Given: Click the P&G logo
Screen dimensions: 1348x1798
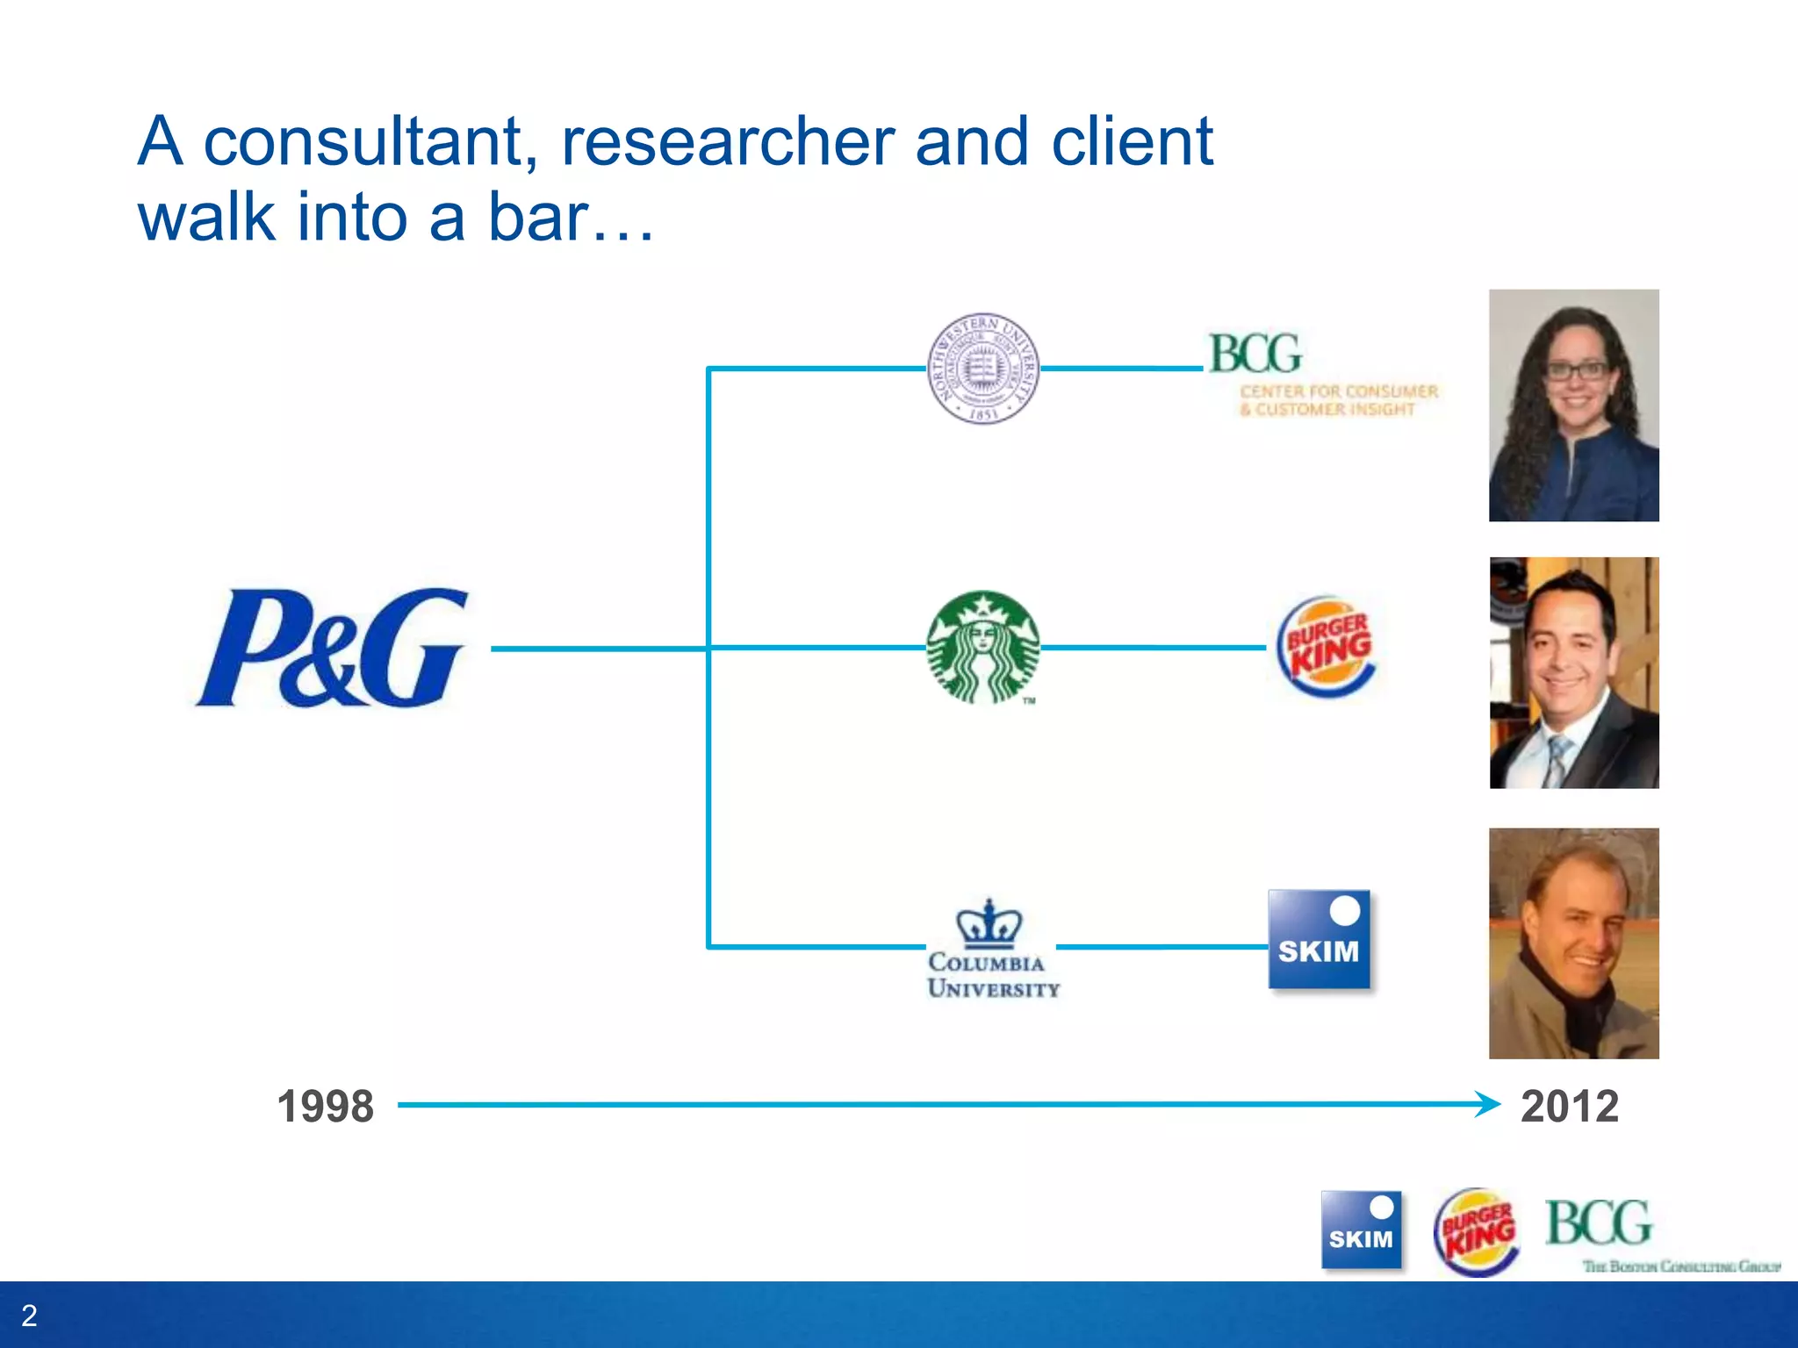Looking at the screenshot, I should pos(332,648).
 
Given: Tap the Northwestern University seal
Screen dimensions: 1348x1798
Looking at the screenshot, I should pos(983,369).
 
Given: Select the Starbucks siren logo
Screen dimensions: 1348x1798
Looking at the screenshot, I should pos(983,648).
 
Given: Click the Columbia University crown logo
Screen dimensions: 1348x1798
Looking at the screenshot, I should pos(990,923).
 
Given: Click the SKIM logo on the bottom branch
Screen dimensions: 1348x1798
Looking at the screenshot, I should pos(1319,939).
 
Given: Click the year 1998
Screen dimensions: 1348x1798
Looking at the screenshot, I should pos(325,1106).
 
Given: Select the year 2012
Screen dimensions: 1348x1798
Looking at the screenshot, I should pos(1570,1106).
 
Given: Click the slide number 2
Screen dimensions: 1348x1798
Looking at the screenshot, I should pos(29,1316).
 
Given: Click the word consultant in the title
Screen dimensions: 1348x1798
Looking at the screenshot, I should pos(369,142).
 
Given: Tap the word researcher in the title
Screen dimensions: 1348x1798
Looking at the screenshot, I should pos(727,142).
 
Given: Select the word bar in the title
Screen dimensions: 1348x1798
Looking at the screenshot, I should pos(537,218).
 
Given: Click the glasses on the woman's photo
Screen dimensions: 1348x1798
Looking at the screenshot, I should pos(1577,370).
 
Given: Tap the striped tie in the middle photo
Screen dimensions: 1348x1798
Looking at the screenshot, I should pos(1557,760).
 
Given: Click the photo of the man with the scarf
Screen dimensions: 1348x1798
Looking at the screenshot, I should pos(1573,943).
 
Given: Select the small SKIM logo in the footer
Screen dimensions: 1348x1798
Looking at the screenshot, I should pos(1361,1229).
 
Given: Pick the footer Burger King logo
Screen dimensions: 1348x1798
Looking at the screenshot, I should pos(1477,1231).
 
